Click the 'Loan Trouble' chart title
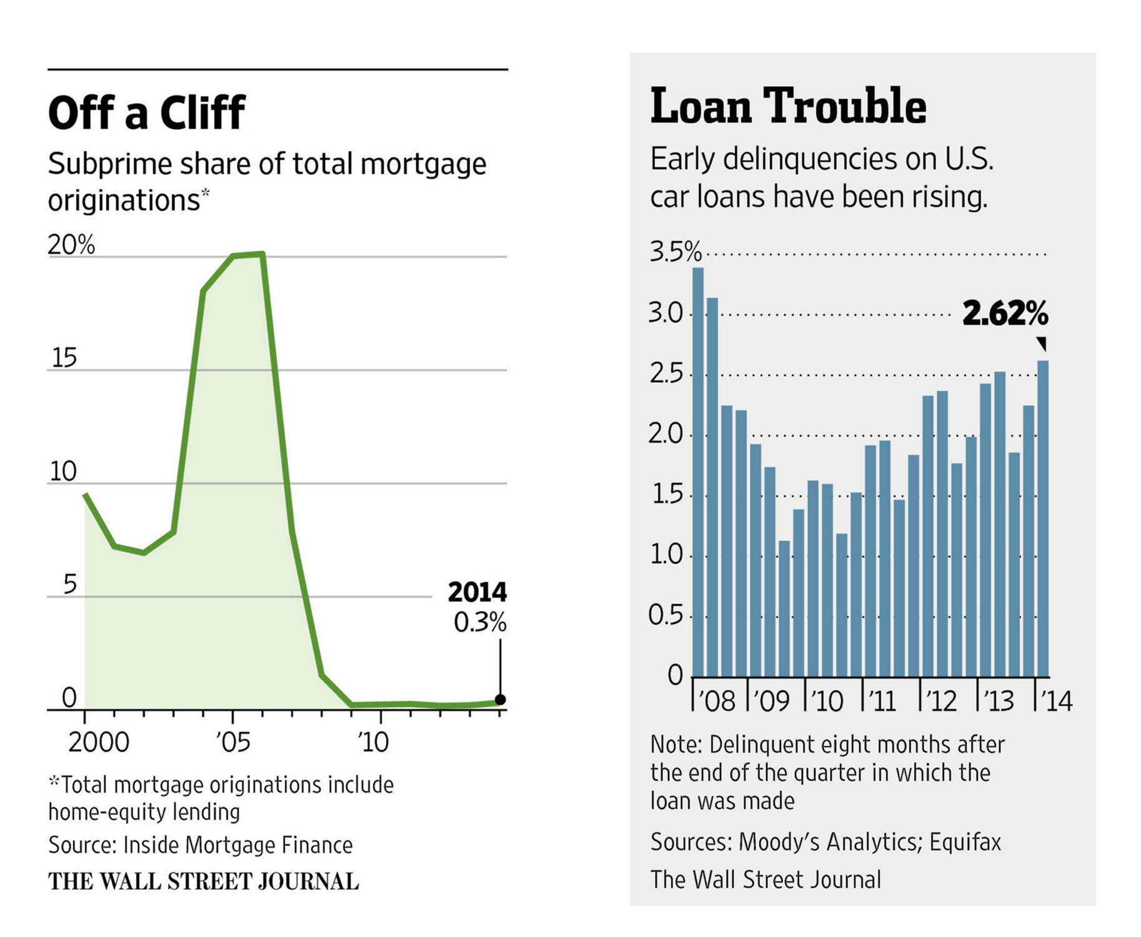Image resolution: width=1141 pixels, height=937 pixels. [x=788, y=106]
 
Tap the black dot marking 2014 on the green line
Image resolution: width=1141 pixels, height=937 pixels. [x=500, y=700]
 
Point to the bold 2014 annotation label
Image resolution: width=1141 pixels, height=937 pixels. [x=477, y=592]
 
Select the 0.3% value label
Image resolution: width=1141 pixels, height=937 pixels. [x=480, y=622]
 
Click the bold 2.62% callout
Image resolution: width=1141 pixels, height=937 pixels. [x=1005, y=313]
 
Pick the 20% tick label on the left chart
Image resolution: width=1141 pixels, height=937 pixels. [x=71, y=245]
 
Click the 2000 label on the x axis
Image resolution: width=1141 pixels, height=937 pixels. [x=99, y=742]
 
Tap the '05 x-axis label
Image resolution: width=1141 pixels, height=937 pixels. [x=233, y=742]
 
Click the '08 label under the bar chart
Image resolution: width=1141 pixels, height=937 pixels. [x=716, y=702]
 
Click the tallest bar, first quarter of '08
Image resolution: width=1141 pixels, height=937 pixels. [x=698, y=472]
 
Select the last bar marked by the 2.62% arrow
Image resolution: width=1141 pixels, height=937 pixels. [x=1043, y=518]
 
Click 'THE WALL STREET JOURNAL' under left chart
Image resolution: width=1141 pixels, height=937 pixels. [x=204, y=881]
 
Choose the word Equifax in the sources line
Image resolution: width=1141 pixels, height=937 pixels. [x=965, y=842]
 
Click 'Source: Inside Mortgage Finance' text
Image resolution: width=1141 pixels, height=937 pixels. [x=201, y=845]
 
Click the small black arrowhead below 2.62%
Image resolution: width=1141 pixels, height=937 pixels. [x=1042, y=343]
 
